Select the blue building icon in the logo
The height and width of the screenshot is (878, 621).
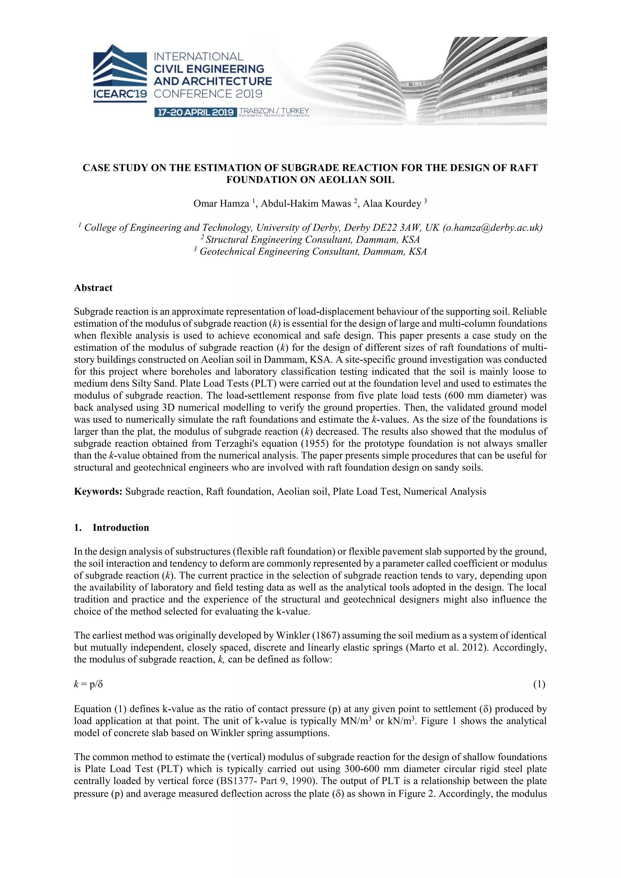[120, 65]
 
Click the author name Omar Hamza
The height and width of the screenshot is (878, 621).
[221, 204]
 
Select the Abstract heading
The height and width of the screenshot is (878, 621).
[93, 288]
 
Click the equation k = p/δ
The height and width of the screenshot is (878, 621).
[88, 684]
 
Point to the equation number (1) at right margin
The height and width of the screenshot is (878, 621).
[539, 684]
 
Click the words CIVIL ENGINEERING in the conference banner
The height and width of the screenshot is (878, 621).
[209, 69]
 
